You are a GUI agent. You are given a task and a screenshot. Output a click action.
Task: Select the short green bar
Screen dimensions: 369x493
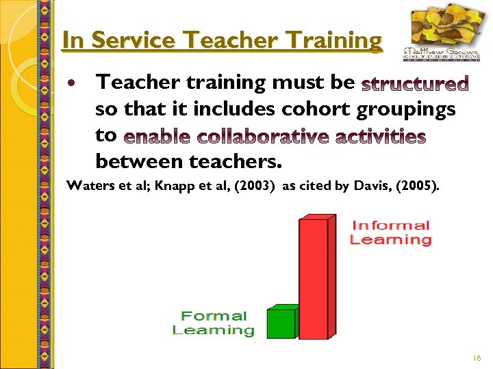point(281,323)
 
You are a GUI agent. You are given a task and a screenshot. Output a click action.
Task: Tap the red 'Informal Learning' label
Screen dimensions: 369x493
point(390,232)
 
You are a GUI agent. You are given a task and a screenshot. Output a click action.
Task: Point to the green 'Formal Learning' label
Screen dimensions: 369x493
point(214,323)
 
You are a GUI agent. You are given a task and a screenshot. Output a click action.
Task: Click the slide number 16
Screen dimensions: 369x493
point(477,357)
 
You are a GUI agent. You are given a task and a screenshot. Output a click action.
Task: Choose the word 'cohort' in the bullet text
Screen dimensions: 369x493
point(316,109)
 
